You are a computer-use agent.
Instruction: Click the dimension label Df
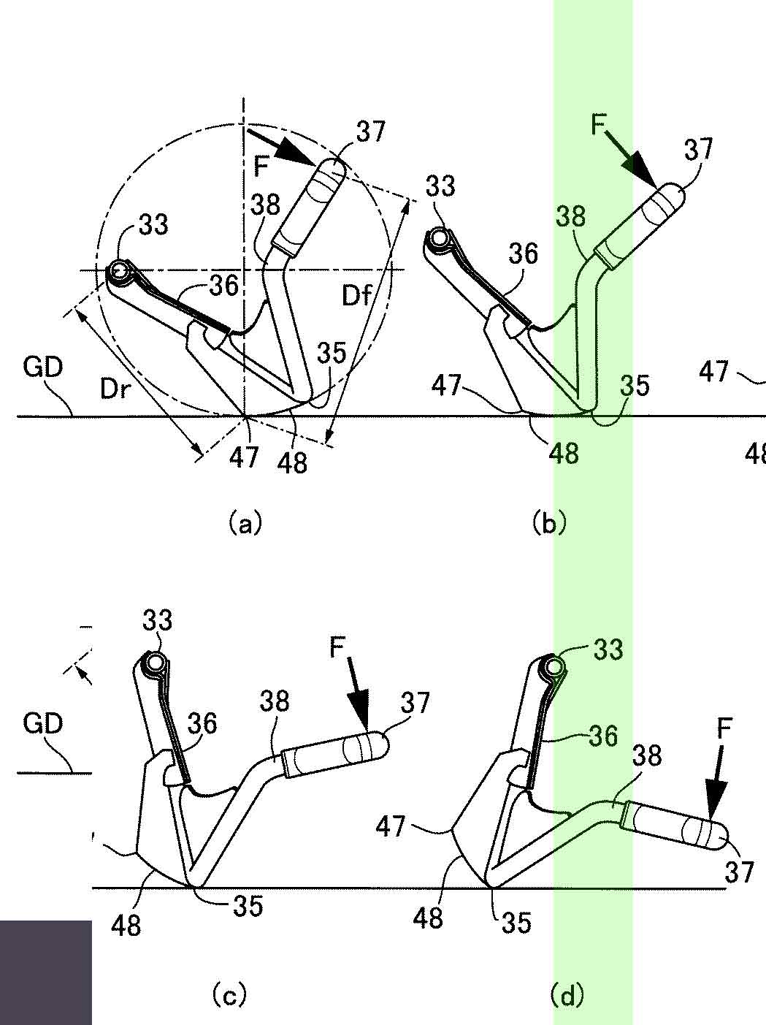[x=356, y=296]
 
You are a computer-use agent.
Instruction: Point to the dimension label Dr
[x=114, y=389]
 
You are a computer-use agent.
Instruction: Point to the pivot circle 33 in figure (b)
[x=438, y=237]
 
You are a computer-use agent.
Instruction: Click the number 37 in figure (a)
[x=371, y=132]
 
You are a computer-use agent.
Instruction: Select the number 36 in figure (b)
[x=524, y=254]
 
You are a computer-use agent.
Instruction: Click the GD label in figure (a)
[x=42, y=367]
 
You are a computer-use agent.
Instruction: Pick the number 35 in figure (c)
[x=248, y=907]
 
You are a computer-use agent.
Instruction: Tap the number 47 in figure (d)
[x=391, y=839]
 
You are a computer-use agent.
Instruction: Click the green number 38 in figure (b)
[x=571, y=216]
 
